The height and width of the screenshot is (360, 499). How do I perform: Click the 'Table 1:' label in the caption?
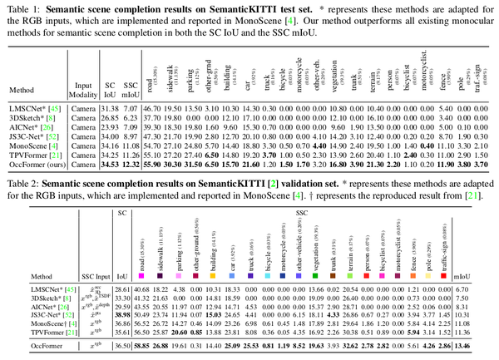click(x=19, y=7)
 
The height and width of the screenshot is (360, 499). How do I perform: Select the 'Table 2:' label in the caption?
click(x=19, y=183)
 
